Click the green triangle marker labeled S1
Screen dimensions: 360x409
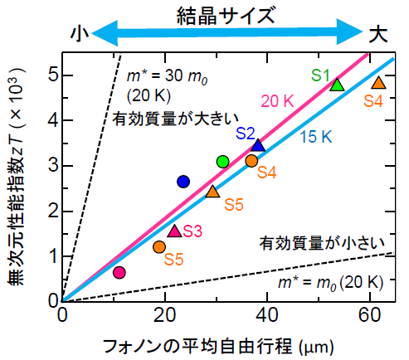(337, 85)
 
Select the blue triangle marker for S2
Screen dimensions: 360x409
(258, 145)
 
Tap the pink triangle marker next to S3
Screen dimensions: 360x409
(174, 231)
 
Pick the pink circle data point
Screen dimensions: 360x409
(119, 272)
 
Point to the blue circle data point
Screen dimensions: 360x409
(184, 182)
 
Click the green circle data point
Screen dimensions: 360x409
(222, 161)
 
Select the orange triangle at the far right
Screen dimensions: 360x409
(378, 83)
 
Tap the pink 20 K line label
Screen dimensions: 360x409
(278, 101)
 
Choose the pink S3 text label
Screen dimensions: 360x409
(193, 231)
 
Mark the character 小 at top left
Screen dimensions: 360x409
(80, 34)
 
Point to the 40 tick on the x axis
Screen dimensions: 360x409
(265, 315)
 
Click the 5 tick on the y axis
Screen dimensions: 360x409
(53, 75)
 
